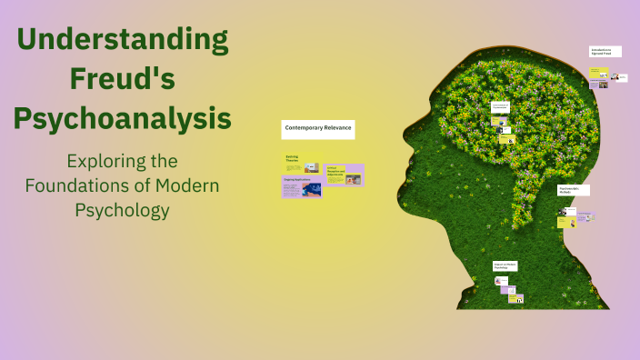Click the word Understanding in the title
pos(123,40)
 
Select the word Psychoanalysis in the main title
pos(123,118)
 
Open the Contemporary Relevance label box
pos(317,129)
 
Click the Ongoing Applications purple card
pos(301,187)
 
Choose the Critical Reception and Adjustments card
pos(344,175)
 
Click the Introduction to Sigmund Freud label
pos(605,52)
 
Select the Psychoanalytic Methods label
pos(573,190)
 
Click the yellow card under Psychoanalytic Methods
pos(569,222)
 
